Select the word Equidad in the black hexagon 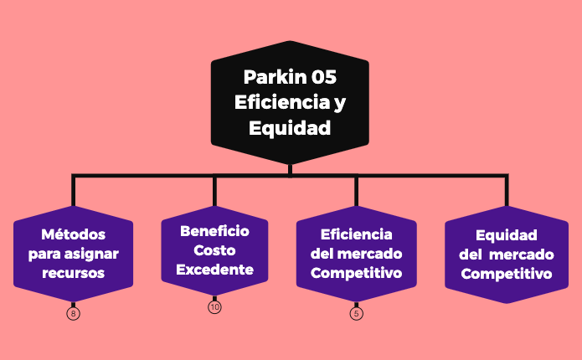click(x=290, y=129)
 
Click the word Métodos click(x=74, y=234)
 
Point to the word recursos click(x=74, y=273)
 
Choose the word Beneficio click(x=214, y=230)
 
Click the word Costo click(x=214, y=250)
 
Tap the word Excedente click(x=214, y=270)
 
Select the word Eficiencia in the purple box click(x=356, y=234)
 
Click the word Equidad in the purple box click(x=506, y=235)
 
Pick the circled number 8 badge click(x=74, y=314)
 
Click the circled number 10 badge click(x=214, y=307)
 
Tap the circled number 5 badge click(x=357, y=314)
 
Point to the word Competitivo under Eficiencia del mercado click(x=356, y=273)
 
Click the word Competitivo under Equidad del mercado click(x=506, y=274)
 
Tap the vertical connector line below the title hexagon click(x=290, y=169)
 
